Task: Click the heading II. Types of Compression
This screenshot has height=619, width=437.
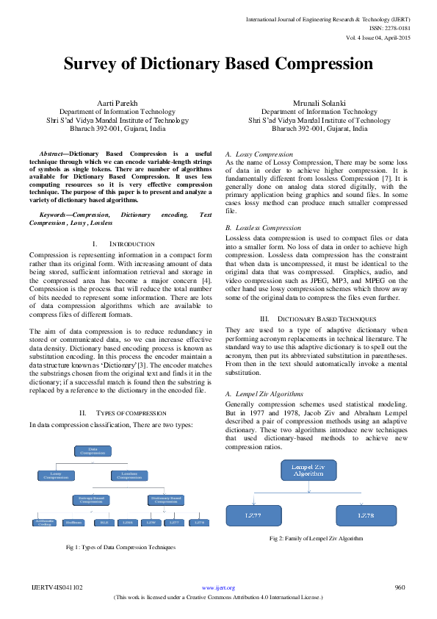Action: tap(117, 414)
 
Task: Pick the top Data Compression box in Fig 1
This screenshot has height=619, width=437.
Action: tap(93, 451)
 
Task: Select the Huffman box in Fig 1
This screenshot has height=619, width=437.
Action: tap(73, 523)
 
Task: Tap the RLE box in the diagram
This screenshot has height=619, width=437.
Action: tap(104, 523)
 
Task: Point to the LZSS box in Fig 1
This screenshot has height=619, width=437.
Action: tap(128, 523)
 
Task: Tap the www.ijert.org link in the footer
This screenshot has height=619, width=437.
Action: tap(218, 587)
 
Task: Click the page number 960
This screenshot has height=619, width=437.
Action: tap(400, 587)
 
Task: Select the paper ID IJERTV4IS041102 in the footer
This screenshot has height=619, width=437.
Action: tap(57, 587)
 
